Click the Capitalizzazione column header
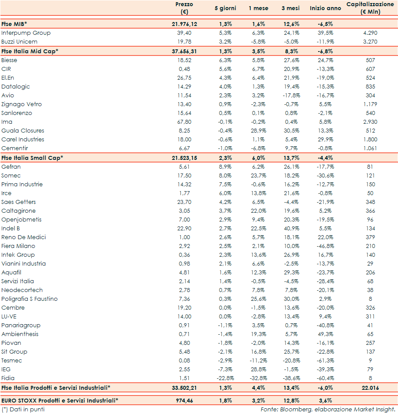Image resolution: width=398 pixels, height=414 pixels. tap(370, 8)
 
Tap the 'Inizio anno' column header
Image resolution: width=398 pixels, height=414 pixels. tap(325, 8)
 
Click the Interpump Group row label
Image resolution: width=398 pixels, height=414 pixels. tap(26, 33)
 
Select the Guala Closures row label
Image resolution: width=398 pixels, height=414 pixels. tap(23, 131)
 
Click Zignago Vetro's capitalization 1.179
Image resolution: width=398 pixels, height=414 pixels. tap(370, 104)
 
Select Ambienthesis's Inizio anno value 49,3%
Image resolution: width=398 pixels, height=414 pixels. tap(326, 334)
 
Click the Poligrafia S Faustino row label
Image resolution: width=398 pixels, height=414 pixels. tap(30, 299)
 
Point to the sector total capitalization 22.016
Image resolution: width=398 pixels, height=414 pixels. tap(370, 388)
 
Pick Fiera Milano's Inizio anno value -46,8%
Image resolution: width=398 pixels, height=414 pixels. tap(326, 246)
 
